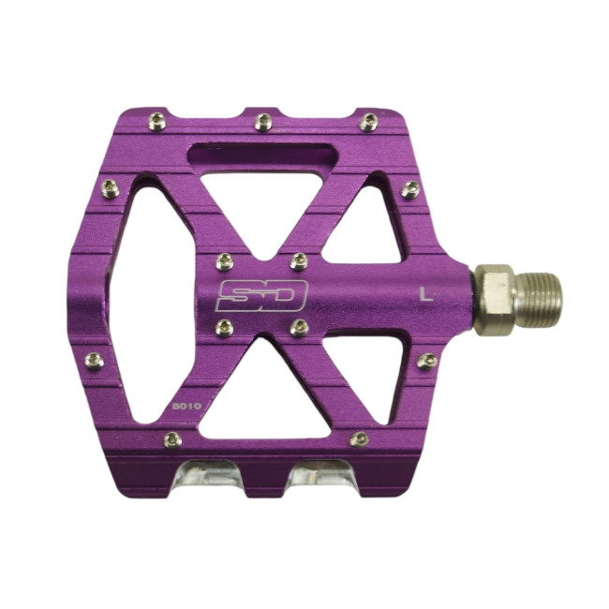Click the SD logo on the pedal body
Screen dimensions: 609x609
tap(261, 295)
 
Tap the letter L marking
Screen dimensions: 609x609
tap(426, 294)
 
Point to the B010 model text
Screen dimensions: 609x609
tap(186, 407)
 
